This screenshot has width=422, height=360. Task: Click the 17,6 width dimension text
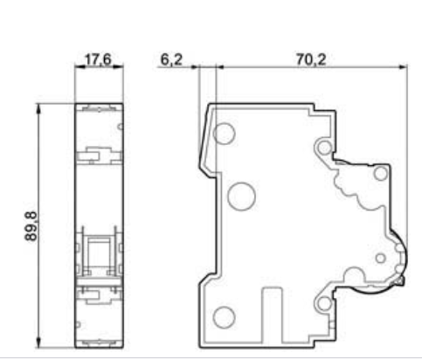click(x=98, y=59)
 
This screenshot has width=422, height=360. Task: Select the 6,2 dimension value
click(x=171, y=59)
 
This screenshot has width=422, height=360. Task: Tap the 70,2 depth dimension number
click(x=311, y=59)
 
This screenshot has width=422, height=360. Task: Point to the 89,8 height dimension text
click(x=31, y=226)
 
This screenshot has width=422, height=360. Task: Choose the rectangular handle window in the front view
click(x=100, y=252)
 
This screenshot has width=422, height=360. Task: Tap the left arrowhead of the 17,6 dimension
click(x=80, y=67)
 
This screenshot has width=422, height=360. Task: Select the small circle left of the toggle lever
click(x=380, y=258)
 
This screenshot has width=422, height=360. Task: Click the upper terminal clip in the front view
click(x=99, y=155)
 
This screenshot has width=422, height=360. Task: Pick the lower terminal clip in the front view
click(x=99, y=295)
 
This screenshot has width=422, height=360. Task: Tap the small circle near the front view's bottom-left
click(x=78, y=324)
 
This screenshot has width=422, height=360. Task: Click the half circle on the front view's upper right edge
click(x=120, y=127)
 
